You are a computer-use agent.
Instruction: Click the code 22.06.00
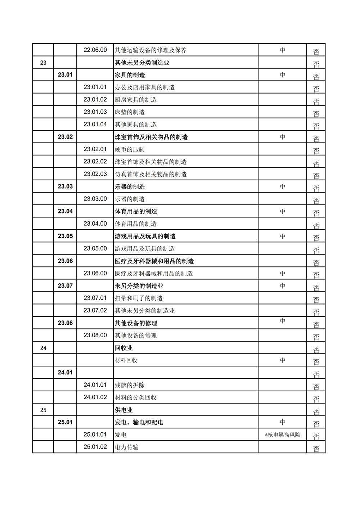95,50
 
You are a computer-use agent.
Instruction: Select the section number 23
43,63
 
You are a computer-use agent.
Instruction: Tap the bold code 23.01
65,75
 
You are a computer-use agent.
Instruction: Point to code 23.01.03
95,112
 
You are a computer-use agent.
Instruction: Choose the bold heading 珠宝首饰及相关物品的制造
151,137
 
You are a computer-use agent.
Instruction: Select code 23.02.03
95,174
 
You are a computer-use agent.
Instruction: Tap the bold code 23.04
65,211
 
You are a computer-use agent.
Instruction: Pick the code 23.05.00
95,248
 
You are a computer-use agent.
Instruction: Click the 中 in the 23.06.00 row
283,273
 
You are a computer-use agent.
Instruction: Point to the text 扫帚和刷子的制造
139,298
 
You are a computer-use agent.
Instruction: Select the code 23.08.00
95,335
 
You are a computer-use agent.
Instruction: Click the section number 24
43,348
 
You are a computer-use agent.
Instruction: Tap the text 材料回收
126,360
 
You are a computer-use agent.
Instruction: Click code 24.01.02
95,397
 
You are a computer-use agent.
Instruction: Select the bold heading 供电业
124,410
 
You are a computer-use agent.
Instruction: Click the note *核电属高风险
283,435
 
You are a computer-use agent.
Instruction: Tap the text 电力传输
127,447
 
